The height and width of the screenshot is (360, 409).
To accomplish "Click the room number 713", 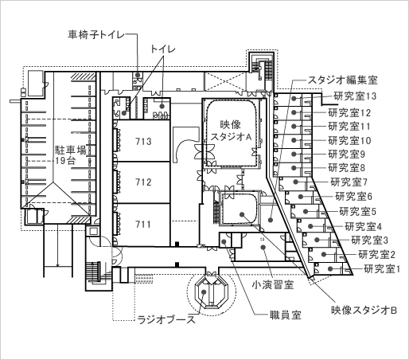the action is point(143,142).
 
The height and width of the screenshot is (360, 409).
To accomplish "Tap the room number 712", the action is point(143,182).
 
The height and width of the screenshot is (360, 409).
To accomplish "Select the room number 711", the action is point(143,225).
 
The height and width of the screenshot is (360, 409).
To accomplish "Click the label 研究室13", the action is point(355,96).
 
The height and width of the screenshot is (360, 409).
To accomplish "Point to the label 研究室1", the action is point(382,269).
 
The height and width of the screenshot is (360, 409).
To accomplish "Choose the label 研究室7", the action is point(349,182).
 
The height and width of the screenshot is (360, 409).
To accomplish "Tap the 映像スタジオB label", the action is point(364,310).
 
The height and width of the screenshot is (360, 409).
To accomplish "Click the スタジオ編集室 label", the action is point(342,80).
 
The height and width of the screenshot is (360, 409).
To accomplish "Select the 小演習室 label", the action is point(273,285).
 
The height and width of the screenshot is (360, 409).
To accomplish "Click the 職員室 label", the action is point(286,315).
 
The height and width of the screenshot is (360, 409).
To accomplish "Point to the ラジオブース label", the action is point(166,319).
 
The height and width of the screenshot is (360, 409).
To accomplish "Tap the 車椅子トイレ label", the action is point(96,35).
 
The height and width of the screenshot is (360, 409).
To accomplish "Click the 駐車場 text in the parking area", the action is point(71,151).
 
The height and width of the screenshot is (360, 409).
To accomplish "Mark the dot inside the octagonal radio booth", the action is point(204,292).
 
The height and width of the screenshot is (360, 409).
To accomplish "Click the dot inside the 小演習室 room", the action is point(263,248).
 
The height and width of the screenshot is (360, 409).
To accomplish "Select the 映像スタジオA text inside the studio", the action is point(231,131).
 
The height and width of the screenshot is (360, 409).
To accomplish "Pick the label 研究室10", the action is point(349,140).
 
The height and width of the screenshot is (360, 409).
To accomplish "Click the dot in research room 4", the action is point(310,226).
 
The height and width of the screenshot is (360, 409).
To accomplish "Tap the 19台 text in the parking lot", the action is point(65,161).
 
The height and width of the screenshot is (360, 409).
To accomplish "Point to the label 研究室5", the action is point(358,212).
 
